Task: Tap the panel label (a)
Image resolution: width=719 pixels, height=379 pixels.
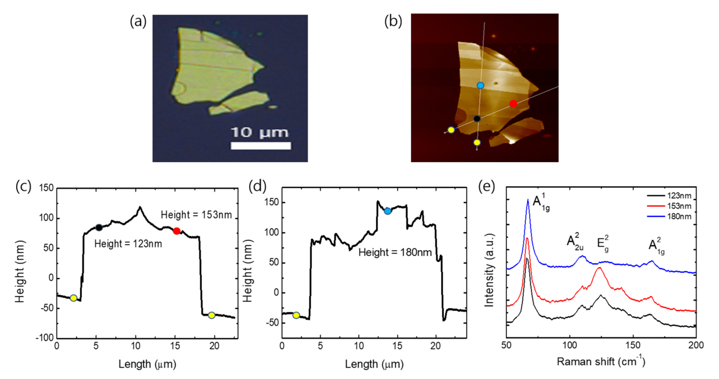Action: point(139,21)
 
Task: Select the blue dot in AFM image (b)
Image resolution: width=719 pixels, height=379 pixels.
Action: point(480,85)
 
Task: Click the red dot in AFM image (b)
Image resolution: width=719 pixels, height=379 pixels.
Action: point(513,103)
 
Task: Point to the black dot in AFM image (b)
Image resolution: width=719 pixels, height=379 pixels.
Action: point(477,119)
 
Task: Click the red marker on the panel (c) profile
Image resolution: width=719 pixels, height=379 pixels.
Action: point(176,231)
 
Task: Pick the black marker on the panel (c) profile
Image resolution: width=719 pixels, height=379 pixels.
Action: point(99,227)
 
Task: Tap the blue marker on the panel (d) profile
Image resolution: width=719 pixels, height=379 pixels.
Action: point(387,211)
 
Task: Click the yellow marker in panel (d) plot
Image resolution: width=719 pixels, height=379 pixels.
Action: point(296,315)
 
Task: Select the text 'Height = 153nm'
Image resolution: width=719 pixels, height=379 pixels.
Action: point(196,215)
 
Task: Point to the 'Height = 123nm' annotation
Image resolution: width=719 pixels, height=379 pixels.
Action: point(128,243)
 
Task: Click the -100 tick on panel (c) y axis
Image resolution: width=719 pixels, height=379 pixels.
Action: point(44,337)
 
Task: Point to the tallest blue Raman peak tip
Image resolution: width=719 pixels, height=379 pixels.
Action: point(528,200)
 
